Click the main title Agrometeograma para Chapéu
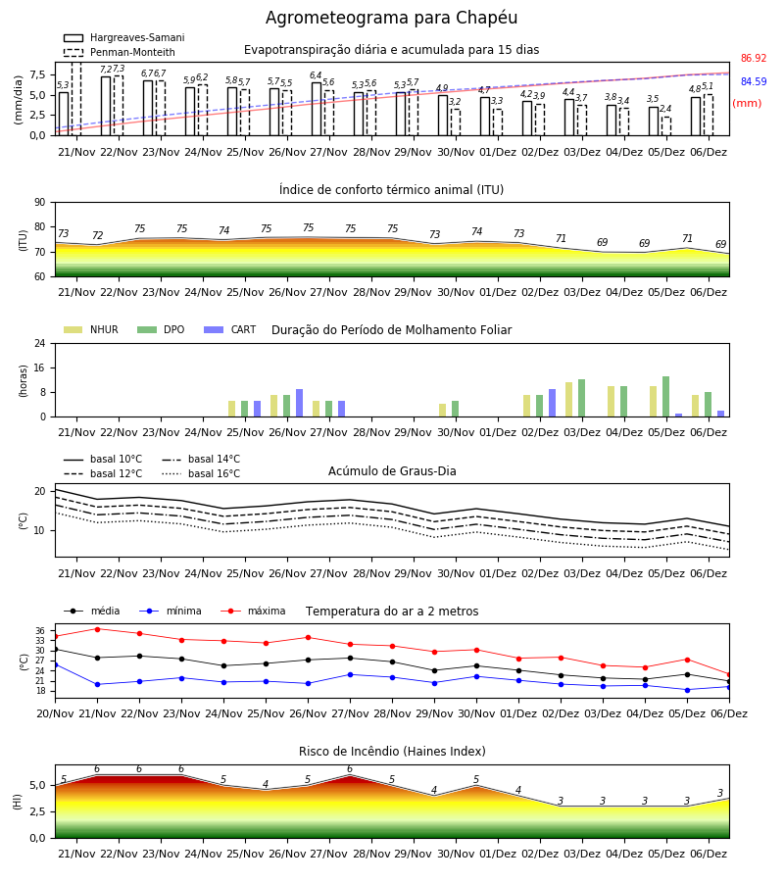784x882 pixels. pyautogui.click(x=391, y=18)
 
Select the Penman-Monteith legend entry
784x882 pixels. pyautogui.click(x=120, y=52)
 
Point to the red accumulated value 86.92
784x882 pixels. pyautogui.click(x=754, y=58)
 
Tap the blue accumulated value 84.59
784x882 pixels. pyautogui.click(x=754, y=81)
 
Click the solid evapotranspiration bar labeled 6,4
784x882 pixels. pyautogui.click(x=317, y=109)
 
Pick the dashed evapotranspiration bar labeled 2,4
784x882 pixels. pyautogui.click(x=665, y=126)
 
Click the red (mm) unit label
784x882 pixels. pyautogui.click(x=747, y=104)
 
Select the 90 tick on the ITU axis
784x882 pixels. pyautogui.click(x=40, y=203)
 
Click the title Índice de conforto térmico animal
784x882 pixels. pyautogui.click(x=391, y=189)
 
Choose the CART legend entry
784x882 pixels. pyautogui.click(x=230, y=329)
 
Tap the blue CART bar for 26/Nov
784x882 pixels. pyautogui.click(x=299, y=403)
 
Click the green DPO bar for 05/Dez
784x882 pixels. pyautogui.click(x=665, y=397)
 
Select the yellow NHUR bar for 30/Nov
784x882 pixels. pyautogui.click(x=443, y=410)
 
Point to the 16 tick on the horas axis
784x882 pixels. pyautogui.click(x=40, y=367)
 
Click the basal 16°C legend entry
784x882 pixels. pyautogui.click(x=201, y=473)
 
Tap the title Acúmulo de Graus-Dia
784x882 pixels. pyautogui.click(x=392, y=470)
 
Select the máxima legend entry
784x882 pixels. pyautogui.click(x=254, y=611)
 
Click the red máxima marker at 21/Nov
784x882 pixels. pyautogui.click(x=97, y=629)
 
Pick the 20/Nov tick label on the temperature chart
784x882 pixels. pyautogui.click(x=55, y=713)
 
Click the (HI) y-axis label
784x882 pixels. pyautogui.click(x=17, y=802)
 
